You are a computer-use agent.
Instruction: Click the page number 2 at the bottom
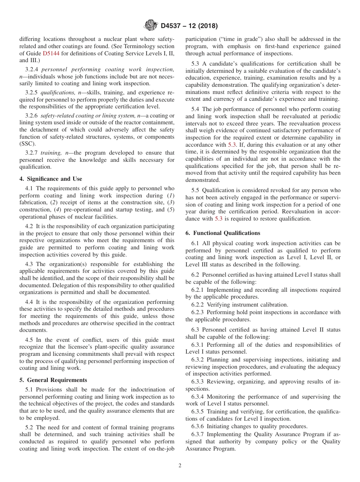pos(180,466)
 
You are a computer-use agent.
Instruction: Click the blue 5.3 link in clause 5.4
pos(232,145)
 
